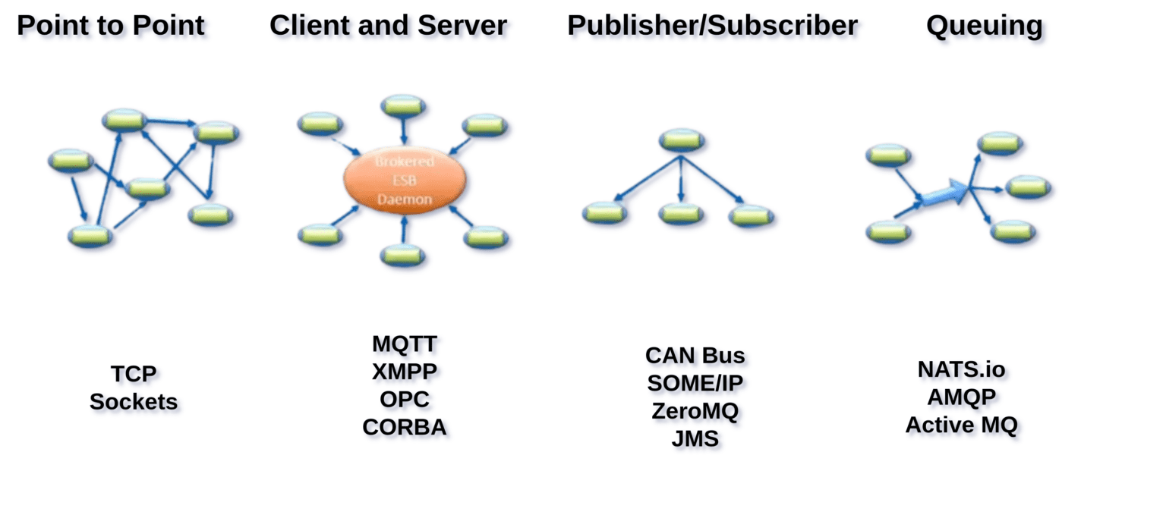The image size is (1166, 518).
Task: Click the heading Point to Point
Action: pyautogui.click(x=111, y=26)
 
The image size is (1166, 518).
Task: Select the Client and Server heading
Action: pyautogui.click(x=388, y=26)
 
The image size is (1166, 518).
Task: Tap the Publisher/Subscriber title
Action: pyautogui.click(x=712, y=26)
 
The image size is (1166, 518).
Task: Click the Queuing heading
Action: pyautogui.click(x=984, y=26)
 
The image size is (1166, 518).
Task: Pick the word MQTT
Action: pyautogui.click(x=405, y=344)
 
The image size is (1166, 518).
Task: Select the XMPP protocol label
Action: pyautogui.click(x=405, y=372)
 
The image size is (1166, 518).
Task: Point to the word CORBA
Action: pyautogui.click(x=405, y=428)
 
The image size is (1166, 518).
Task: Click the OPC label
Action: pyautogui.click(x=405, y=400)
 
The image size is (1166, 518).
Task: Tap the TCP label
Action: pyautogui.click(x=134, y=374)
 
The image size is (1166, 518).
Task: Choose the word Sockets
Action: pyautogui.click(x=134, y=402)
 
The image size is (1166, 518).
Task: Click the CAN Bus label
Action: pyautogui.click(x=695, y=355)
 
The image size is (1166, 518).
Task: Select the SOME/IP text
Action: pyautogui.click(x=695, y=383)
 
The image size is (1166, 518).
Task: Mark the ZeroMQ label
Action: pyautogui.click(x=695, y=411)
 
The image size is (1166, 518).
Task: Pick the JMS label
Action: pyautogui.click(x=695, y=439)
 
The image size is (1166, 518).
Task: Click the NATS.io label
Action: pyautogui.click(x=961, y=369)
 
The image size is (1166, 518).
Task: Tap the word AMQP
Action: pyautogui.click(x=961, y=397)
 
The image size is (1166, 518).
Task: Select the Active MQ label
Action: pyautogui.click(x=961, y=425)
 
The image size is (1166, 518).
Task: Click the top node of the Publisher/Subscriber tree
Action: pyautogui.click(x=682, y=140)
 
